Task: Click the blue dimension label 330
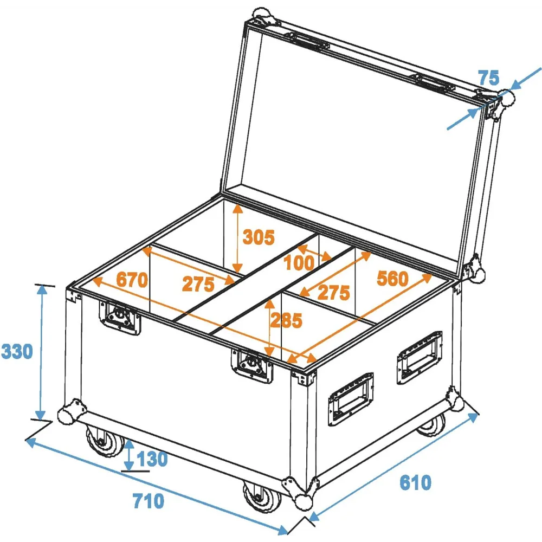(17, 351)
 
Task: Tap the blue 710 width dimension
(149, 501)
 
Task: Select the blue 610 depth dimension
(415, 482)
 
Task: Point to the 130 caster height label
(152, 459)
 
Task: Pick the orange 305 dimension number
(259, 237)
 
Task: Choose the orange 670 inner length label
(132, 279)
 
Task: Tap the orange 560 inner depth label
(392, 278)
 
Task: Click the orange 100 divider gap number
(299, 263)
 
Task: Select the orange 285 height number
(286, 320)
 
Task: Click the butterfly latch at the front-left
(120, 318)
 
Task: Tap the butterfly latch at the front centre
(251, 366)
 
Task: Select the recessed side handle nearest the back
(420, 357)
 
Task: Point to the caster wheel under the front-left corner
(104, 441)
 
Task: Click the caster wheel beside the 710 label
(262, 496)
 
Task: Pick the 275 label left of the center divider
(198, 285)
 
